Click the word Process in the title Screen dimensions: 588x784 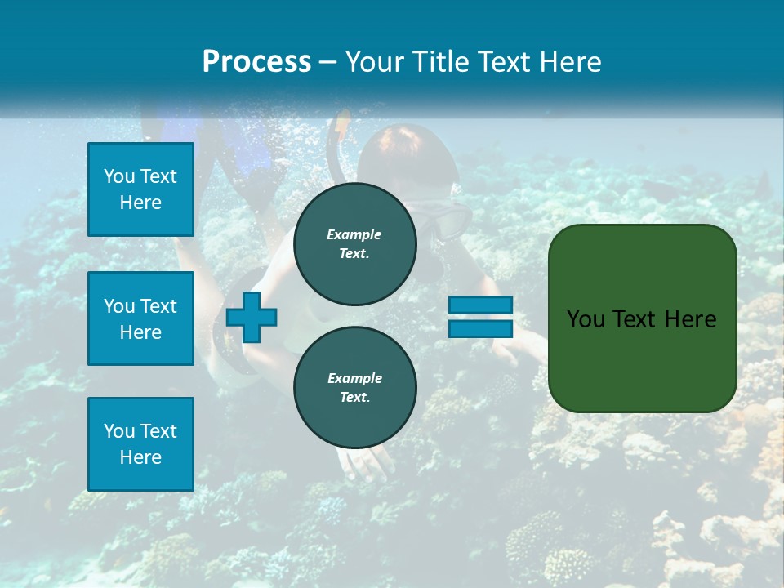click(256, 62)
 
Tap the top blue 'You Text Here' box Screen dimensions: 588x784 click(140, 189)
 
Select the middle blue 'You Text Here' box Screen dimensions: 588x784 click(140, 318)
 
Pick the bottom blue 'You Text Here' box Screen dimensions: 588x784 click(140, 444)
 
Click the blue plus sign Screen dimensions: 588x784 click(252, 317)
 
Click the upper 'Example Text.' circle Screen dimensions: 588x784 click(354, 244)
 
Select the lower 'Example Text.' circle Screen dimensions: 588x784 click(354, 388)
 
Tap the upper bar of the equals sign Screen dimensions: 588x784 click(480, 305)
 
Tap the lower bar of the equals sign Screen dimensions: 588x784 click(480, 328)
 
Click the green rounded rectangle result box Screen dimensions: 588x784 click(642, 318)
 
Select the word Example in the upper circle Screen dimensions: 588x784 click(354, 234)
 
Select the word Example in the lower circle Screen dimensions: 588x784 click(354, 378)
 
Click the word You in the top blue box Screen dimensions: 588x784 click(119, 176)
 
